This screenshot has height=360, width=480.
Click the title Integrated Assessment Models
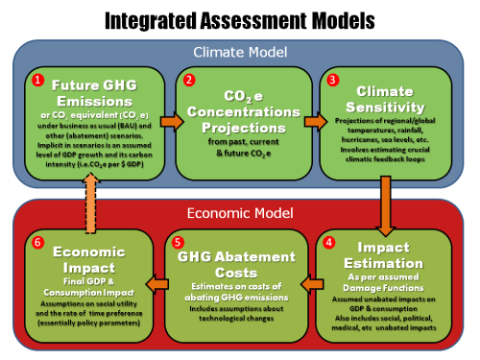pyautogui.click(x=239, y=18)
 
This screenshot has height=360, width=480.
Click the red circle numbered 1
pyautogui.click(x=39, y=81)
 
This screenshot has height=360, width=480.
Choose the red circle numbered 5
pyautogui.click(x=174, y=242)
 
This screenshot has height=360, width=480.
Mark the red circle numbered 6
pyautogui.click(x=38, y=242)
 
